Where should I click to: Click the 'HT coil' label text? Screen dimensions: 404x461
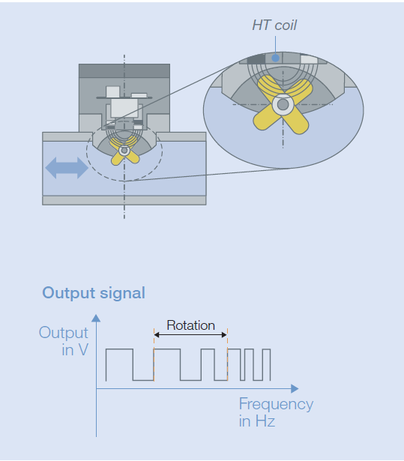[x=274, y=25]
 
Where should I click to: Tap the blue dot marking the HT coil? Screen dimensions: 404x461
[x=275, y=58]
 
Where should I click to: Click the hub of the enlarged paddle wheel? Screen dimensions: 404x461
[x=283, y=104]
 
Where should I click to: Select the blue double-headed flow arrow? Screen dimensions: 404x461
[x=67, y=168]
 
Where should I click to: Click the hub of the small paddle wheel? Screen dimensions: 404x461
[x=124, y=151]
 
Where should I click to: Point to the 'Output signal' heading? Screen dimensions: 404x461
[x=94, y=293]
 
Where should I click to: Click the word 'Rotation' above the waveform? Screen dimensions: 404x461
[x=190, y=325]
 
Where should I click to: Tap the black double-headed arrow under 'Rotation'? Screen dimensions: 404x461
[x=190, y=334]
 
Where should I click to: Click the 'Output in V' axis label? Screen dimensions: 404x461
[x=64, y=341]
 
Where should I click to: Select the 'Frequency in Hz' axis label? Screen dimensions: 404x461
[x=276, y=412]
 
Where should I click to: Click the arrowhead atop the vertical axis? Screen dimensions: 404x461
[x=96, y=319]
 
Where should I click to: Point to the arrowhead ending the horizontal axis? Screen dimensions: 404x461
[x=295, y=389]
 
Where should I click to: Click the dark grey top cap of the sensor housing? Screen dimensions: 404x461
[x=124, y=71]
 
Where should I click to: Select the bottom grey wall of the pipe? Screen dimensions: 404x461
[x=124, y=200]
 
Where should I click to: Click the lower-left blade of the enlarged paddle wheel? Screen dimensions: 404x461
[x=265, y=119]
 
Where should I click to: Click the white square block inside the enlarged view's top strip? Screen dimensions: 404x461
[x=309, y=59]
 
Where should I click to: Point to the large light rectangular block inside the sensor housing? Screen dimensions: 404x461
[x=124, y=108]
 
